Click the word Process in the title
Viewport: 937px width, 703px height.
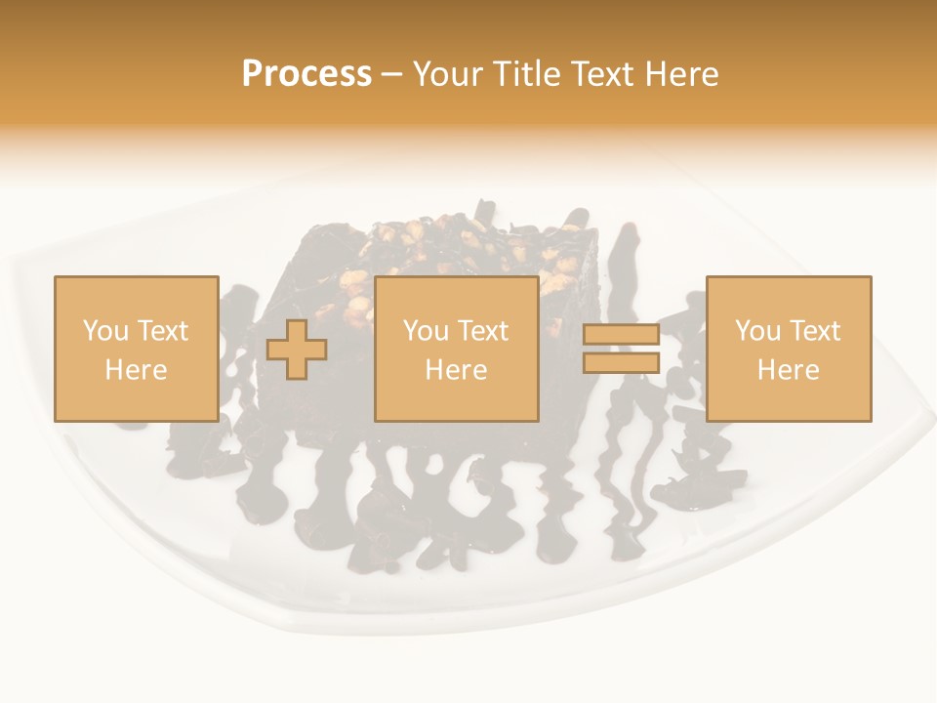[306, 74]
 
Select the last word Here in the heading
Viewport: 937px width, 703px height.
[682, 74]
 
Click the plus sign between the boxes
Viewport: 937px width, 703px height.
[297, 349]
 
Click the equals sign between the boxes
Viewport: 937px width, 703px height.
[621, 349]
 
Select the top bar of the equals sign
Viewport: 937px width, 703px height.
[621, 335]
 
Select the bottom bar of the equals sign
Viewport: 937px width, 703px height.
[621, 362]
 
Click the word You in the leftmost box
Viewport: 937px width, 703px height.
[104, 331]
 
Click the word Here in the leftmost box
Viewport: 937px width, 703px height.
[136, 370]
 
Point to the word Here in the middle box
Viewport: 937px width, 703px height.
[456, 370]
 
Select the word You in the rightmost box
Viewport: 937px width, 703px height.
[756, 331]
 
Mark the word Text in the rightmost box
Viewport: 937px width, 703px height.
[814, 331]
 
